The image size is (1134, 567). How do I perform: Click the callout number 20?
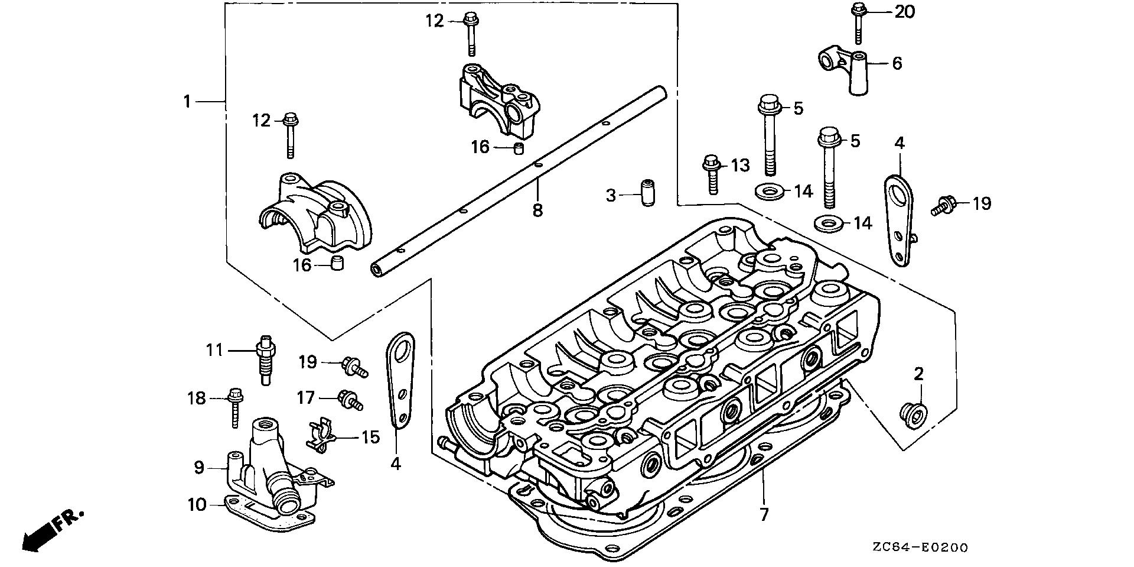904,11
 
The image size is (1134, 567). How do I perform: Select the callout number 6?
897,63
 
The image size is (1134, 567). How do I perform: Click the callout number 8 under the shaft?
537,210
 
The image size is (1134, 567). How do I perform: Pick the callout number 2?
918,374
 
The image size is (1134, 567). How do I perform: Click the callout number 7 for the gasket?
764,514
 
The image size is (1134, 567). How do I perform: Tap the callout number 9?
199,468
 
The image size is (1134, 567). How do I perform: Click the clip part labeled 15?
321,436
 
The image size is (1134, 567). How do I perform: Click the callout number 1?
187,102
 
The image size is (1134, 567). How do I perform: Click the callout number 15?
370,438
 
